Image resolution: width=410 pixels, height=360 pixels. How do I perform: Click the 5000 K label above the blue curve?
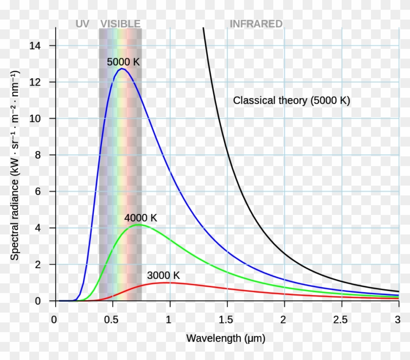click(123, 62)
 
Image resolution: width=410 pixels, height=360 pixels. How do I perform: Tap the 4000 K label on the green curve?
click(141, 218)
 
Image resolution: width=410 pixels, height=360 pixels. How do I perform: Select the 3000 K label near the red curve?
click(163, 275)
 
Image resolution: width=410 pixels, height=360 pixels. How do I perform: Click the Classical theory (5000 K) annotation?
click(291, 101)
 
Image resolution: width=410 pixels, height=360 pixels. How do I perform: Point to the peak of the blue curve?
click(122, 69)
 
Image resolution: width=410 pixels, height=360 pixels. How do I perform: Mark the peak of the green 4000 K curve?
click(140, 225)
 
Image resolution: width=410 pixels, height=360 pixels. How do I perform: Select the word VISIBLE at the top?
click(120, 24)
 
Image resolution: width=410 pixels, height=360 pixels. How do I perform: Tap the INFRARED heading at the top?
click(256, 24)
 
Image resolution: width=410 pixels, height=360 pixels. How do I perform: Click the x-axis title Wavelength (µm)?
click(225, 338)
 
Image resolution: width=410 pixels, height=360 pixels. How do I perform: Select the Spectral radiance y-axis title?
click(15, 165)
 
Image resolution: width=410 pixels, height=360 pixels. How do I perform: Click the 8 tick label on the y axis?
click(39, 155)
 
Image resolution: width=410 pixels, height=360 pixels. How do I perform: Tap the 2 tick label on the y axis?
click(39, 265)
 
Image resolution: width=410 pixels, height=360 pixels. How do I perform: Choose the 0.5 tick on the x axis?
click(112, 320)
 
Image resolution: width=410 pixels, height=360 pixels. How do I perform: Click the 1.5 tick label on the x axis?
click(226, 320)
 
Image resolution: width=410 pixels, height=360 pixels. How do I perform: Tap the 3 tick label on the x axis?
click(397, 320)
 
